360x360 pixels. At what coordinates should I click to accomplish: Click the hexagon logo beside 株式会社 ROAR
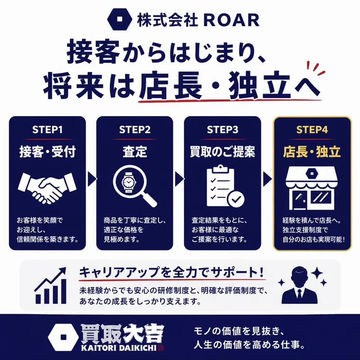click(119, 19)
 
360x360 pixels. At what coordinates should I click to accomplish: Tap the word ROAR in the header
click(231, 20)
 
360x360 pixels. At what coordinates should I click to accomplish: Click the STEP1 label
click(47, 130)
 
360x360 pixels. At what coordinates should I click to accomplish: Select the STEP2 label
click(135, 130)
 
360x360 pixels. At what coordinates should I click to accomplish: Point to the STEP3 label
click(222, 130)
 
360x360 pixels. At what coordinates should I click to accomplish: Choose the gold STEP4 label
click(312, 130)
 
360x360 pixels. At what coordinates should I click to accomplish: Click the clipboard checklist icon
click(225, 185)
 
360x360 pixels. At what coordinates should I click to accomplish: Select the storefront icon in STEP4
click(311, 188)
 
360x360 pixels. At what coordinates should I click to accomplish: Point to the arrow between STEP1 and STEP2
click(92, 179)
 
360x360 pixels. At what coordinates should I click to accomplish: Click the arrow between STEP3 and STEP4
click(267, 179)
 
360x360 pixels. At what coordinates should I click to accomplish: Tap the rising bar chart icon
click(50, 286)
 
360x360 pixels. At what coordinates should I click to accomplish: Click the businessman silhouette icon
click(299, 285)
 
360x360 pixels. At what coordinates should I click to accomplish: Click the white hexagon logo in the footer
click(63, 337)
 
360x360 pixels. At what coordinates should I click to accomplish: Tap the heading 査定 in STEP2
click(135, 152)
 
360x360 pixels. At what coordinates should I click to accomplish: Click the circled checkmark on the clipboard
click(236, 199)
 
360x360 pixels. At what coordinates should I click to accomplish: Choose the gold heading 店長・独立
click(312, 152)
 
